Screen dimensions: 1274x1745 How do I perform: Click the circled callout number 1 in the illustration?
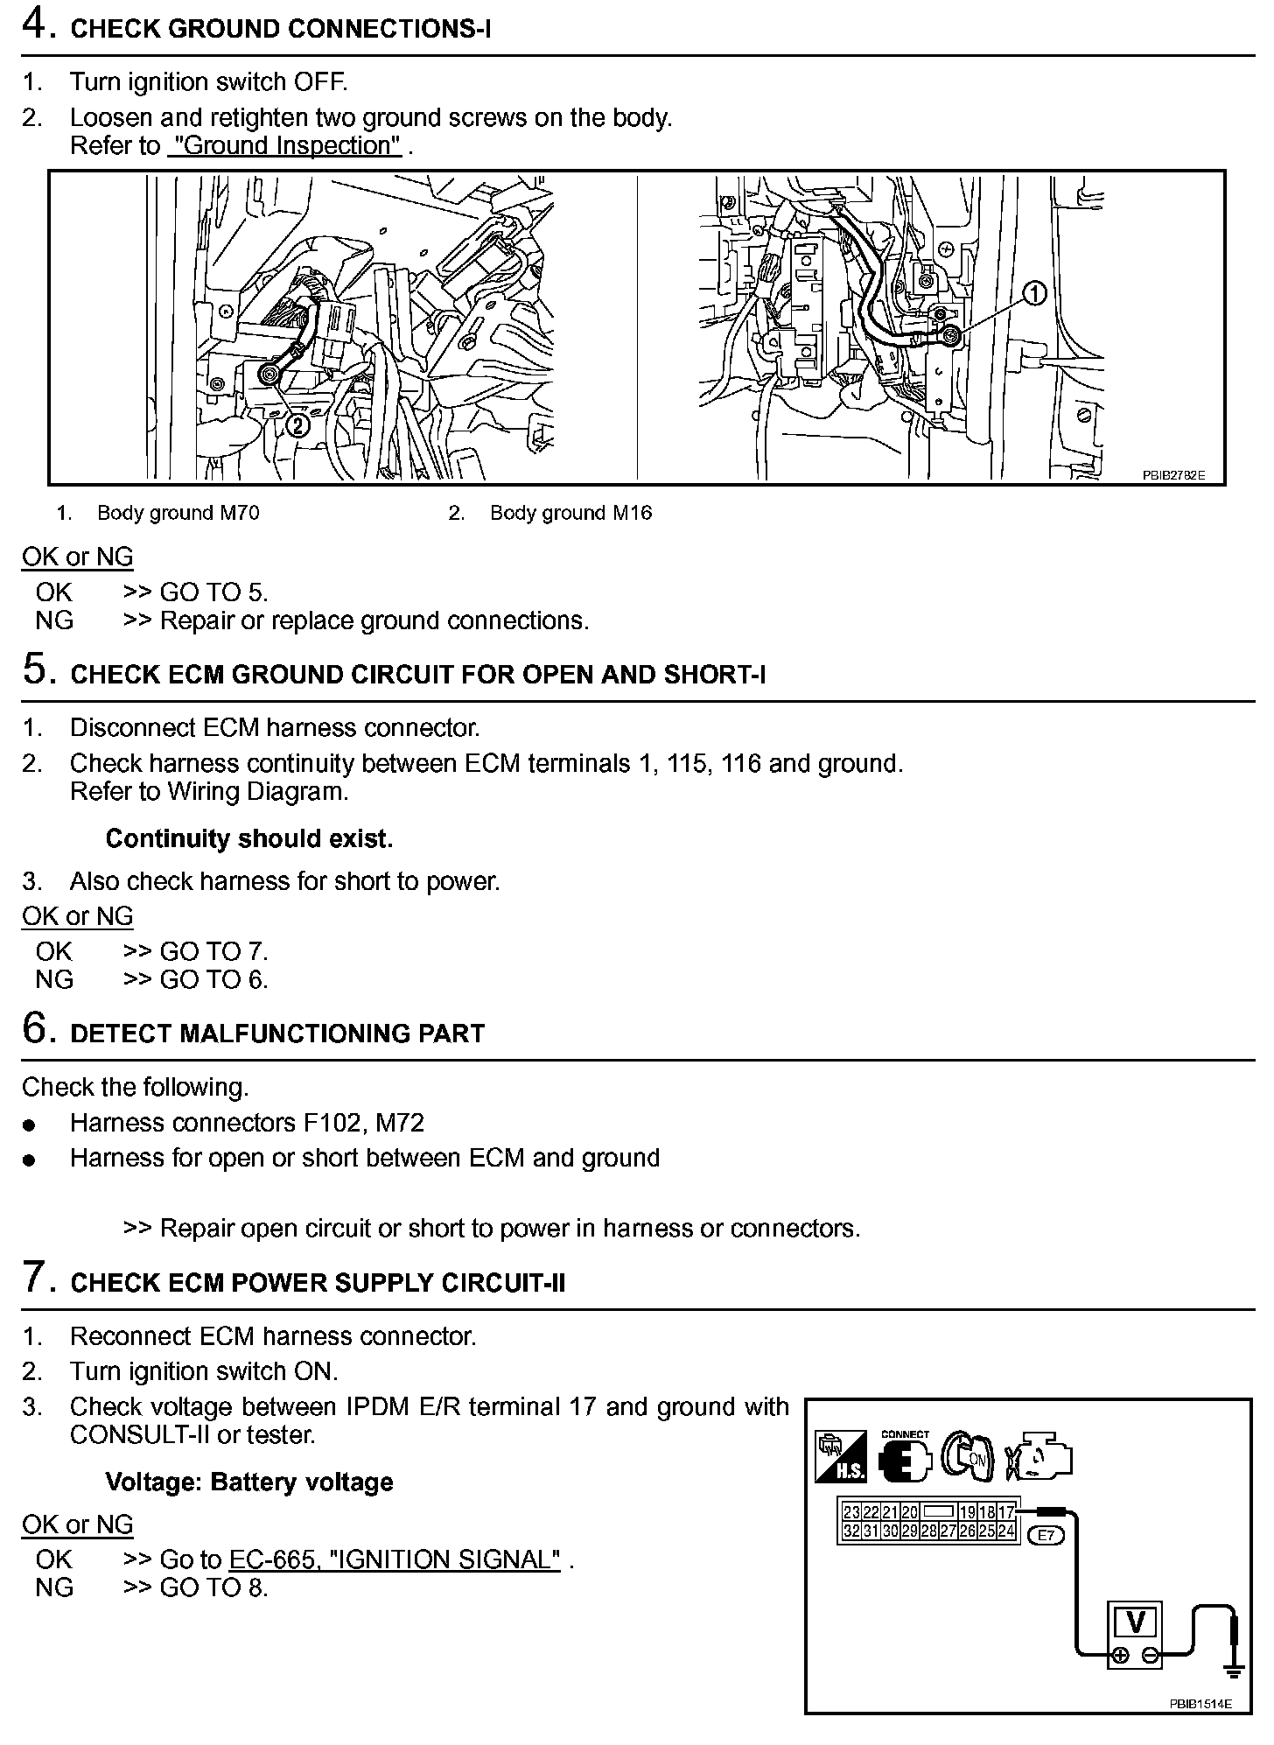pyautogui.click(x=1034, y=294)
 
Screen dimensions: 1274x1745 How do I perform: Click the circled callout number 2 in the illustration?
pyautogui.click(x=297, y=426)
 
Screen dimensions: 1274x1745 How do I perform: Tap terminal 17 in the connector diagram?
pyautogui.click(x=1005, y=1512)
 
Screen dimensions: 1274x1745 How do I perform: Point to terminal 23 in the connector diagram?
pyautogui.click(x=850, y=1512)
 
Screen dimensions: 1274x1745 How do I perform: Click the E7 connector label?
pyautogui.click(x=1045, y=1534)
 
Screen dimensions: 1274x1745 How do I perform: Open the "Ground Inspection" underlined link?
pyautogui.click(x=284, y=146)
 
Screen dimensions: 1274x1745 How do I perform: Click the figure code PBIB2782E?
pyautogui.click(x=1173, y=475)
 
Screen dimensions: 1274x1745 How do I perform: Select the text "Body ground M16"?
pyautogui.click(x=570, y=513)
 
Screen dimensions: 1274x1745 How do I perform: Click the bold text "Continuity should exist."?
pyautogui.click(x=249, y=838)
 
